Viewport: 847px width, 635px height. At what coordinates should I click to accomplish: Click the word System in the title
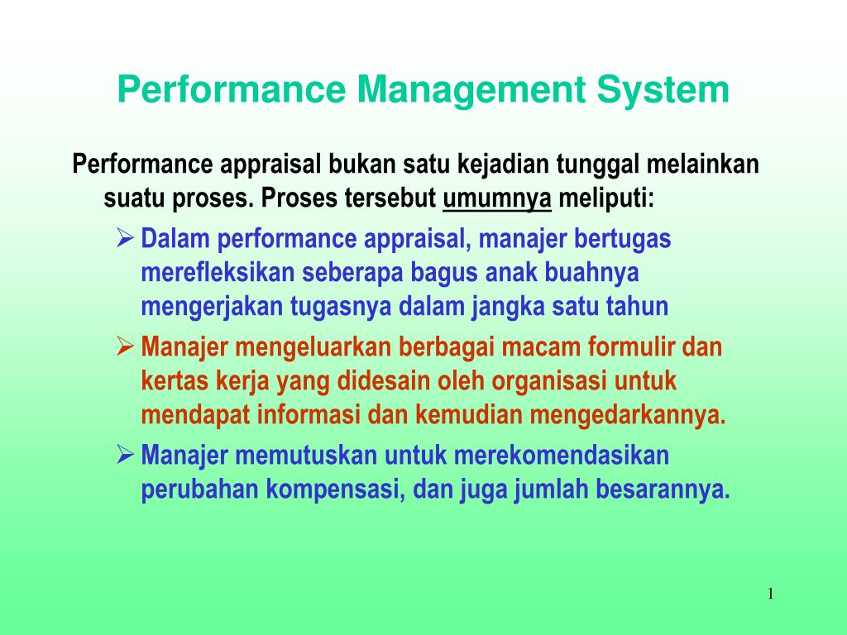coord(663,90)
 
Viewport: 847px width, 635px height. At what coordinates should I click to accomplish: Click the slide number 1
coord(771,594)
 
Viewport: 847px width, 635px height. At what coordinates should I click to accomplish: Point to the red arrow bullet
coord(125,346)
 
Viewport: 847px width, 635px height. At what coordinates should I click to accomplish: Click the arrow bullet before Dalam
coord(125,238)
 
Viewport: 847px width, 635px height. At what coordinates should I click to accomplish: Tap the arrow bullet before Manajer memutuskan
coord(125,455)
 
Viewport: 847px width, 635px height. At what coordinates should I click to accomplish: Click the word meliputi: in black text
coord(606,198)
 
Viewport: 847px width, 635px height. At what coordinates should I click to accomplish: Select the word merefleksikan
coord(218,272)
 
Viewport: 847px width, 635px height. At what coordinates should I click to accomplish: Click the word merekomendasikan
coord(562,456)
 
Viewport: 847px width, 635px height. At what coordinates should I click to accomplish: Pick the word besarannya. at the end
coord(663,489)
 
